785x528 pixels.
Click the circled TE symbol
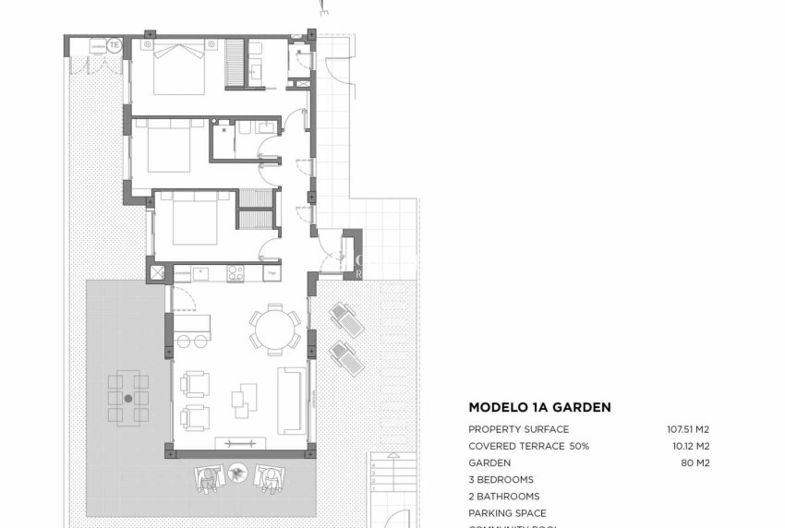[115, 44]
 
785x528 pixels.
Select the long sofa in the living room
[293, 400]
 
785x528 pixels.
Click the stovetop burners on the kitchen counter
[235, 272]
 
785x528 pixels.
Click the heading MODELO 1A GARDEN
[539, 407]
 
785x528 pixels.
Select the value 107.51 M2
[688, 429]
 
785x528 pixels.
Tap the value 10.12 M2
[691, 446]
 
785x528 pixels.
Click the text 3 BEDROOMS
[501, 480]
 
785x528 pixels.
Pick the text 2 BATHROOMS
[503, 497]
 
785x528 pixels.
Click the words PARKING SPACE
[507, 513]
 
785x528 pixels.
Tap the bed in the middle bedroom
[169, 147]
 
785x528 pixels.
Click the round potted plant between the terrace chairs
[239, 473]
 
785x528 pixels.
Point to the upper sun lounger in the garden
[348, 319]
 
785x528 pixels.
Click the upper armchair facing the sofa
[195, 382]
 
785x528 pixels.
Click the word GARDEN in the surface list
[489, 462]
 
